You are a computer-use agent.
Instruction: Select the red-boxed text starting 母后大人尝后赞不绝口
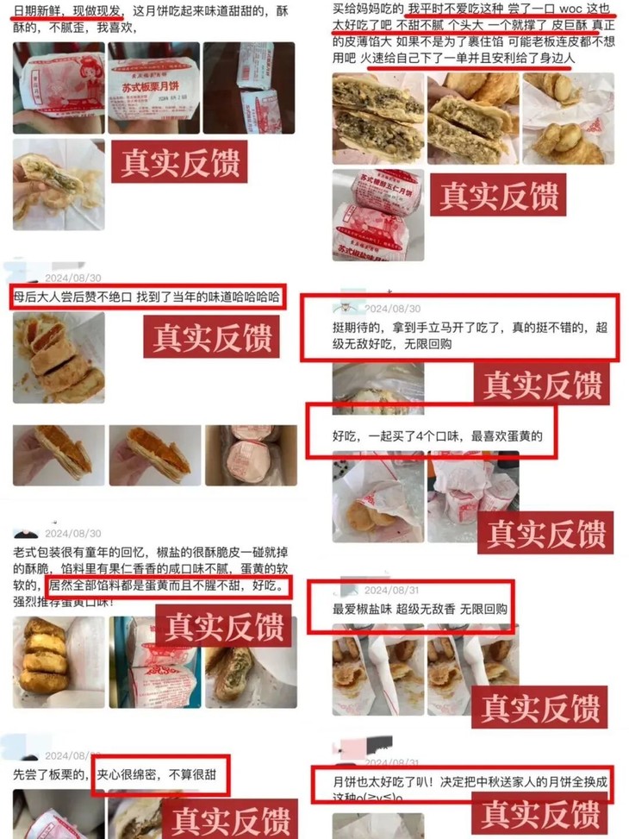(x=146, y=296)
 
